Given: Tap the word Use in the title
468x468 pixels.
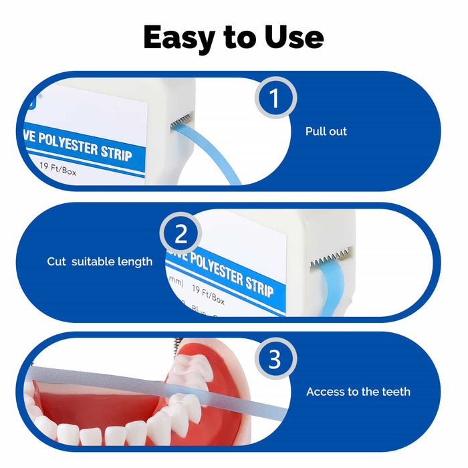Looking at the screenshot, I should click(x=291, y=38).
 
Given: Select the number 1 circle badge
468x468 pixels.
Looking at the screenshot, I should click(x=274, y=99).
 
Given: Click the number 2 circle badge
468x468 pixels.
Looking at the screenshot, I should click(x=181, y=235).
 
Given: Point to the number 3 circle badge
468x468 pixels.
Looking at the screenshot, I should click(x=274, y=360).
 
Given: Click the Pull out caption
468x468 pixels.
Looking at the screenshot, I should click(x=326, y=132).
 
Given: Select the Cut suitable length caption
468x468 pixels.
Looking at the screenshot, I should click(x=100, y=261).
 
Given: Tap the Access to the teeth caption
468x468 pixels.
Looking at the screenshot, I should click(x=358, y=392).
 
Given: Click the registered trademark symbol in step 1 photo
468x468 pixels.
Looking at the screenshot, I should click(x=39, y=96).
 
